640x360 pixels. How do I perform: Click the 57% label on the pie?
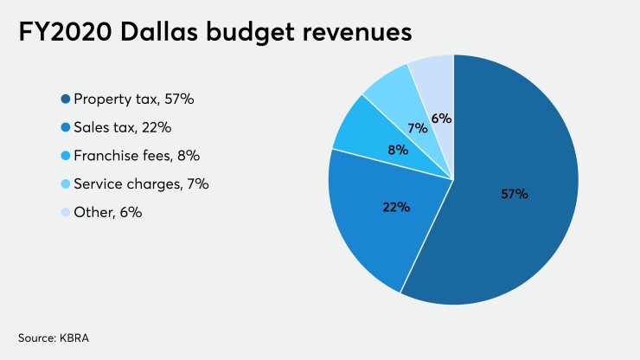[x=514, y=194]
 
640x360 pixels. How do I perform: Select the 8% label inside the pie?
[x=399, y=149]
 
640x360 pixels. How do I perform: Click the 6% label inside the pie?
[x=441, y=118]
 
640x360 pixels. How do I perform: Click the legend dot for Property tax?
[x=65, y=100]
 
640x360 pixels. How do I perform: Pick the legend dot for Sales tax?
[x=65, y=128]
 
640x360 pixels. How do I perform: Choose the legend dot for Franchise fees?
[x=65, y=156]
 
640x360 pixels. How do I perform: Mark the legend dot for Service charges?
[x=65, y=184]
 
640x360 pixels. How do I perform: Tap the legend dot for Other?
[x=65, y=212]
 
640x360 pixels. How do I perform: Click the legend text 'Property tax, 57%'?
[x=134, y=100]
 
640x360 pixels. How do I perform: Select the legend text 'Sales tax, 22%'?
[x=123, y=128]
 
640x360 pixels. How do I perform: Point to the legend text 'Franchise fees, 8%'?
[x=138, y=156]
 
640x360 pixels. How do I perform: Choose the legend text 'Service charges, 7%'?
[x=142, y=184]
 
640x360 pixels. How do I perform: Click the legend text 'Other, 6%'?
[x=108, y=212]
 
